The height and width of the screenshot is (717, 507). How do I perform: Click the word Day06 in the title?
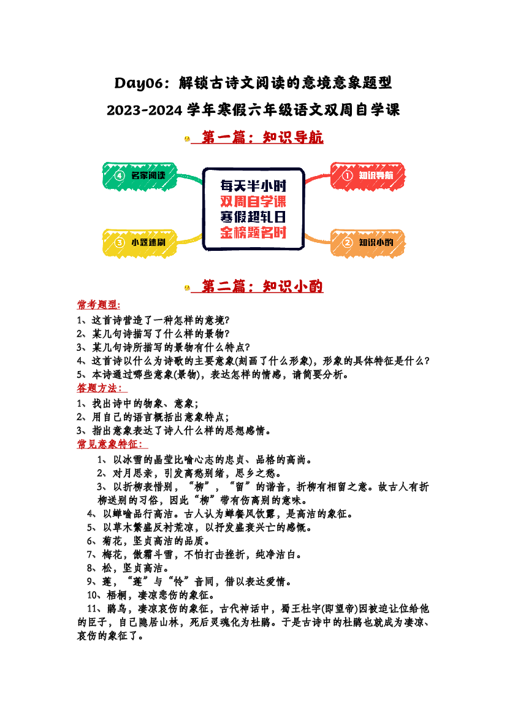[139, 83]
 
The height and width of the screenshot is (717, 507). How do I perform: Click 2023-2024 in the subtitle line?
[145, 110]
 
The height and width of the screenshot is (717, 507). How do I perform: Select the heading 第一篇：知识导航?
[262, 137]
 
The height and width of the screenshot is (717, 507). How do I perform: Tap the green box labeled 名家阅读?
[140, 175]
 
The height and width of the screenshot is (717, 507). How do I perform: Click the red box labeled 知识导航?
[368, 175]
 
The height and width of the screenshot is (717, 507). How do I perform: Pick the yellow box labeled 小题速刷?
[140, 243]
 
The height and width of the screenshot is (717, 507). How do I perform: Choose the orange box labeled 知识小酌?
[368, 243]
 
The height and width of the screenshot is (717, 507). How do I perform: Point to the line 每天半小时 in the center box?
[253, 186]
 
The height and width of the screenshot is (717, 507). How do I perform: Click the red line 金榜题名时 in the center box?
[253, 232]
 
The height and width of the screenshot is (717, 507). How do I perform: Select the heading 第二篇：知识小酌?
[262, 286]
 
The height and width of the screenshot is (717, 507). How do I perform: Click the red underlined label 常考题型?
[98, 305]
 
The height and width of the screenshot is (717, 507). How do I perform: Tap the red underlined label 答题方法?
[100, 388]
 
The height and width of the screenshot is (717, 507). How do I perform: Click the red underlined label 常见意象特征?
[110, 444]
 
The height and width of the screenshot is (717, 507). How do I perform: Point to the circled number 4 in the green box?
[120, 175]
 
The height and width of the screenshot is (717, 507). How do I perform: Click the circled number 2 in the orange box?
[348, 242]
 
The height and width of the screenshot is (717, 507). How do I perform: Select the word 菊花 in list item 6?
[112, 542]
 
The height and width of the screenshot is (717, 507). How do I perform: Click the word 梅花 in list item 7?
[112, 555]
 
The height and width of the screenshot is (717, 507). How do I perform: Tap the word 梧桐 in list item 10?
[117, 596]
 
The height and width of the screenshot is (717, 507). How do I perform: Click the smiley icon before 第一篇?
[187, 139]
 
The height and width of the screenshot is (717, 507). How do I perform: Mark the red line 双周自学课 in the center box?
[253, 201]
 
